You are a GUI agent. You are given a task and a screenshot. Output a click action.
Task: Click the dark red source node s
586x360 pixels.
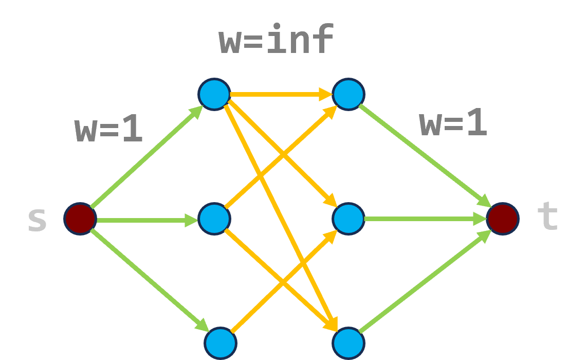tap(80, 219)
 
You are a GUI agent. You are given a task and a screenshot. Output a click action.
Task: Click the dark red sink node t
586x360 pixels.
tap(502, 219)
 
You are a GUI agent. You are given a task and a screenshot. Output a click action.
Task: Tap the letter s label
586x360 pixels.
tap(37, 220)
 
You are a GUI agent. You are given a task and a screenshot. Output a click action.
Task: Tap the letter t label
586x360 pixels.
tap(547, 217)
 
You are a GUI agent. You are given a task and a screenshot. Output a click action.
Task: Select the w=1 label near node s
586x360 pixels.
tap(108, 129)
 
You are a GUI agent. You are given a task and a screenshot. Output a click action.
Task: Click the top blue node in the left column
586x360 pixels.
tap(214, 94)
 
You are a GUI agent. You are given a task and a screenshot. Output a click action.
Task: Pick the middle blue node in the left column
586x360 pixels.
tap(214, 219)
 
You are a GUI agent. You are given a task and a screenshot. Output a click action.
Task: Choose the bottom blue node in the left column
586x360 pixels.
tap(220, 343)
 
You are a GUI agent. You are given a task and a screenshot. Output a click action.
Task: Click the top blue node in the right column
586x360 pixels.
tap(349, 94)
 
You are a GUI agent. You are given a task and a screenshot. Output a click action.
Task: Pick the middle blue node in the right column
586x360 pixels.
tap(349, 219)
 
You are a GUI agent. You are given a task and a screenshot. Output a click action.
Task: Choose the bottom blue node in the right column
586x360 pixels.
tap(349, 343)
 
